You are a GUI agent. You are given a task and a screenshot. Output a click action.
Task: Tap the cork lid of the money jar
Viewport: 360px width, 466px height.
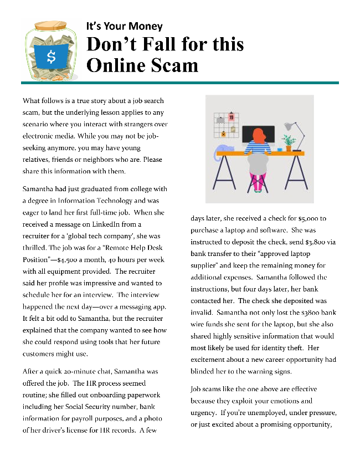click(50, 25)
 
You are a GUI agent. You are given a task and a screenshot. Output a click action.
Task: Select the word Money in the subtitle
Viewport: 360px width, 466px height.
click(145, 26)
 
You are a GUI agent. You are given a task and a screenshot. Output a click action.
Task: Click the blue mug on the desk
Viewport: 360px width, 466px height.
click(280, 148)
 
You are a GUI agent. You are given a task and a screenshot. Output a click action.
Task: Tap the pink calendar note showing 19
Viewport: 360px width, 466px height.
click(231, 118)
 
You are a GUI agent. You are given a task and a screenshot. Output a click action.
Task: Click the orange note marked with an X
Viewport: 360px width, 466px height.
click(223, 134)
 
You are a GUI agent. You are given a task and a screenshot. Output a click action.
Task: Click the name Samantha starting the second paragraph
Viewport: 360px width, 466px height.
click(39, 189)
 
